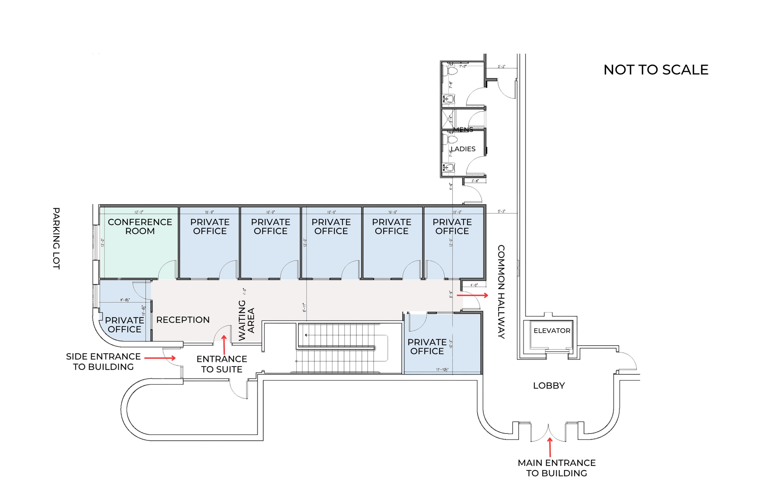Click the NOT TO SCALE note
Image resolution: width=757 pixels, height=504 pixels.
pyautogui.click(x=656, y=70)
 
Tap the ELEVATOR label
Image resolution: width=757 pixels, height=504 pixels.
pyautogui.click(x=551, y=330)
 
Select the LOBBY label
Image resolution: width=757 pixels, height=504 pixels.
pyautogui.click(x=549, y=385)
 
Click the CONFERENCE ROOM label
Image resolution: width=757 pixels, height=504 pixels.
pyautogui.click(x=140, y=226)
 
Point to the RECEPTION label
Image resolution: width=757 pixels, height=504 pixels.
pyautogui.click(x=183, y=320)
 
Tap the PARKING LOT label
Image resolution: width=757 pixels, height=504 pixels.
pyautogui.click(x=56, y=238)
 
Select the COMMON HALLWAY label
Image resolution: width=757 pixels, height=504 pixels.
pyautogui.click(x=501, y=291)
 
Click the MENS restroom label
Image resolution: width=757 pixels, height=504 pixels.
pyautogui.click(x=463, y=130)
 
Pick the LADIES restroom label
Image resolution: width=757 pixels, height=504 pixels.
pyautogui.click(x=463, y=149)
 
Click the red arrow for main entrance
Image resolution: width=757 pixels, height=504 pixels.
pyautogui.click(x=550, y=447)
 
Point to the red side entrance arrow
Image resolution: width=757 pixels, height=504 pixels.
pyautogui.click(x=160, y=358)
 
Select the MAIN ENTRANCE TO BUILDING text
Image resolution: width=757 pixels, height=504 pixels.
pyautogui.click(x=556, y=468)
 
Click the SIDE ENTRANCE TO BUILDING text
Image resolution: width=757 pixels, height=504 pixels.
pyautogui.click(x=103, y=361)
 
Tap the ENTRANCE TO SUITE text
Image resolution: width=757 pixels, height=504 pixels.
pyautogui.click(x=221, y=364)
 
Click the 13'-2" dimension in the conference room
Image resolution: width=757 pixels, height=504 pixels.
pyautogui.click(x=139, y=212)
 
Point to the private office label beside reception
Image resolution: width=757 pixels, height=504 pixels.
pyautogui.click(x=124, y=325)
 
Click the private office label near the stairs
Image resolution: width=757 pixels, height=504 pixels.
pyautogui.click(x=427, y=346)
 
